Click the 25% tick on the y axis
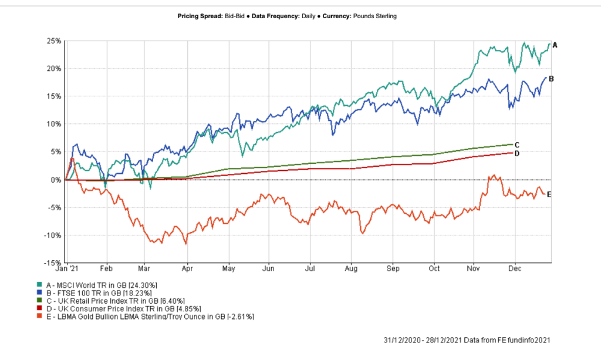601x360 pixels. coord(55,41)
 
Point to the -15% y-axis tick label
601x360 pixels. coord(53,263)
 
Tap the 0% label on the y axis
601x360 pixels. coord(56,180)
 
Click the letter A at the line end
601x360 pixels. coord(555,45)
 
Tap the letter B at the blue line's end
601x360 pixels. coord(551,78)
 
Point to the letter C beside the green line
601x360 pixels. coord(517,145)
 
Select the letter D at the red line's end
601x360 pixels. coord(517,153)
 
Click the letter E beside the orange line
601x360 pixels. coord(549,194)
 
